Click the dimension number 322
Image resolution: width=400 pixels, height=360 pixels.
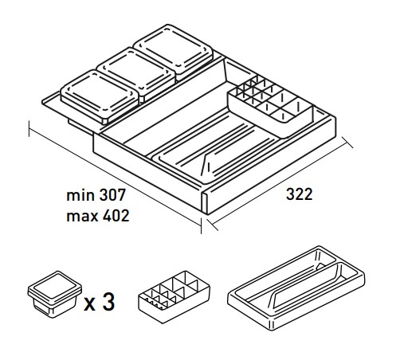coord(299,194)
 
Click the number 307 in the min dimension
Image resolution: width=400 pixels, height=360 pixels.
coord(112,195)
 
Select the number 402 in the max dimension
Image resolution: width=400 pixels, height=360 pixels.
coord(116,216)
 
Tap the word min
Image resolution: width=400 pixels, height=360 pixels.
coord(80,195)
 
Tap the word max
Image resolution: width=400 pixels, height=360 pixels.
coord(82,217)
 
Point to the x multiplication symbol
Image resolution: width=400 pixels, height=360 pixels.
coord(89,304)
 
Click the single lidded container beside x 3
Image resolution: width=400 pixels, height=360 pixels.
coord(55,294)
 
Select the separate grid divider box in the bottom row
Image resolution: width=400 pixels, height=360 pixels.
coord(175,297)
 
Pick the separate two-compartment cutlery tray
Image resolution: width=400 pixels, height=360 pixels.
coord(296,288)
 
